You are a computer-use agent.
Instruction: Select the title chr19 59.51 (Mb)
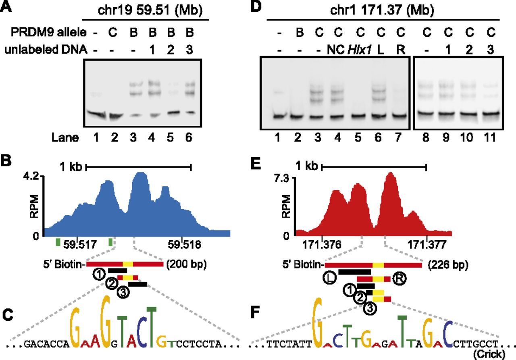click(150, 10)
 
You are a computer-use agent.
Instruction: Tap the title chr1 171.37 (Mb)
click(382, 10)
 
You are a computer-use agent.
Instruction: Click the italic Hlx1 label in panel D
click(360, 50)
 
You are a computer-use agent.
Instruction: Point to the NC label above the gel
click(336, 50)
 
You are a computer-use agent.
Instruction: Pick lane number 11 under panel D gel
click(490, 137)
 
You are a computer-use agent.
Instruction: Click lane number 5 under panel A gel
click(170, 137)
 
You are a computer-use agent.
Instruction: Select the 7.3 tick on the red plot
click(282, 179)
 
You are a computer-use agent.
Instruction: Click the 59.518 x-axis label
click(184, 244)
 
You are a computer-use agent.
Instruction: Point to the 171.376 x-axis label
click(322, 245)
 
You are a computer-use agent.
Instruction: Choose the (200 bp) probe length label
click(187, 264)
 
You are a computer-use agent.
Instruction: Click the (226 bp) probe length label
click(448, 265)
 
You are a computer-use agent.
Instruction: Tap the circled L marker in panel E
click(330, 278)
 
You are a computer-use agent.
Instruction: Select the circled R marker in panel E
click(399, 279)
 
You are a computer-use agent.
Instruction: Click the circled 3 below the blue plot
click(123, 293)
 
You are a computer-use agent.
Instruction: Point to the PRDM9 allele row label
click(49, 32)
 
